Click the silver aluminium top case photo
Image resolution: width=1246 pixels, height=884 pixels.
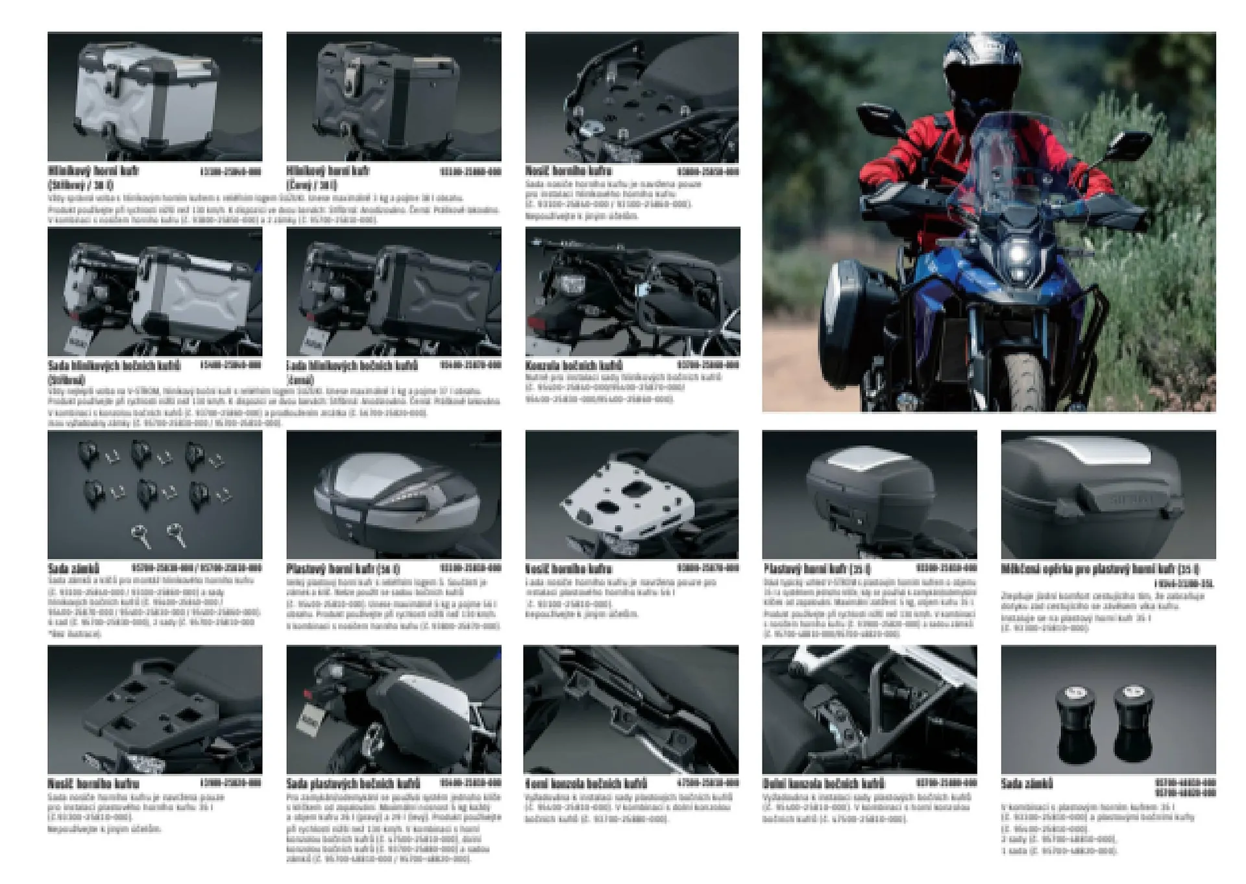(154, 96)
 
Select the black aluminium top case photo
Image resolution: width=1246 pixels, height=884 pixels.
(393, 96)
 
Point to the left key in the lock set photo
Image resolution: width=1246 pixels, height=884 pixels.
(141, 535)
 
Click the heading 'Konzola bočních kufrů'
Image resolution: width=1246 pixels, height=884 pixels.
(574, 365)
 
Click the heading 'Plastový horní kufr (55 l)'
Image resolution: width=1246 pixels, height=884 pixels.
(342, 569)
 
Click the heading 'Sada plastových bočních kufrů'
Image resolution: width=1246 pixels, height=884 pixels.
(353, 783)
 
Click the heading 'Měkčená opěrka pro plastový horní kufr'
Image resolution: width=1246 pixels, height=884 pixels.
(1099, 569)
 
